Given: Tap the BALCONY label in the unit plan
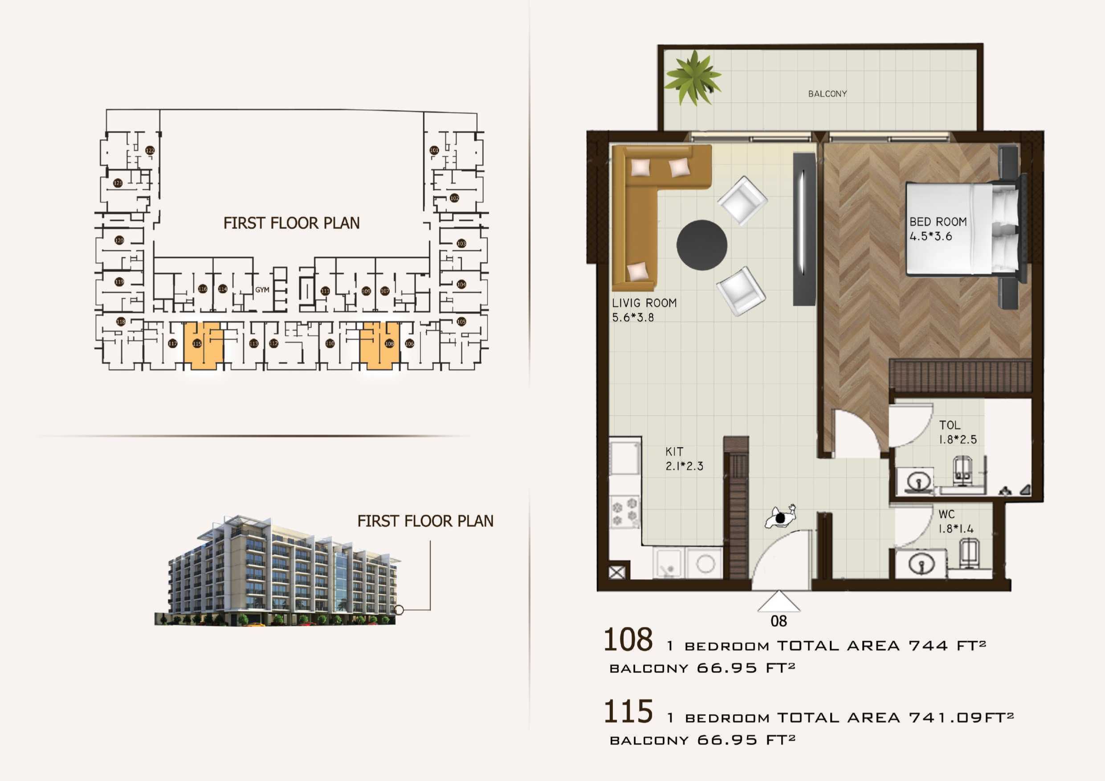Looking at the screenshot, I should click(828, 94).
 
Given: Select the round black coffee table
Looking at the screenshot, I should click(701, 245).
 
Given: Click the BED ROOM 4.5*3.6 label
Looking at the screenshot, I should click(938, 229).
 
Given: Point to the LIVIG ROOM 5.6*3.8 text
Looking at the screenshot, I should click(644, 310).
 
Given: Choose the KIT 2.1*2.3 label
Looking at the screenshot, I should click(684, 459).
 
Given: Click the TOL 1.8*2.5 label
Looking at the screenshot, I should click(957, 432).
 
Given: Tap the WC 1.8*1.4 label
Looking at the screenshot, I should click(955, 521).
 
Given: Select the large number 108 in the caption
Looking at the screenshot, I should click(628, 640).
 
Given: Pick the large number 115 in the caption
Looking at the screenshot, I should click(628, 712).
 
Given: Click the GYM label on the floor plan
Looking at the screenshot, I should click(262, 290).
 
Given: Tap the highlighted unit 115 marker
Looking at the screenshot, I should click(197, 344).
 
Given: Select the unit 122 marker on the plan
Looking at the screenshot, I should click(150, 151).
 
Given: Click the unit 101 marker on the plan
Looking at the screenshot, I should click(434, 150).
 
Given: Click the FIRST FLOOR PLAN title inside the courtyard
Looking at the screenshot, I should click(291, 223).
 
